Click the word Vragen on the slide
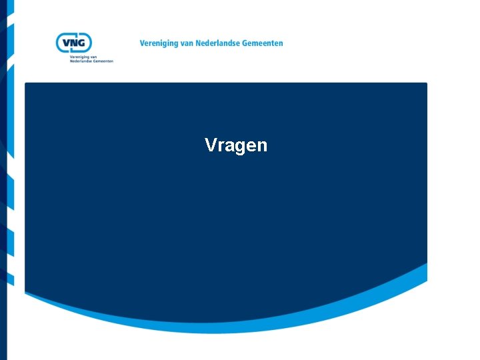pyautogui.click(x=236, y=145)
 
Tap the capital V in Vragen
pyautogui.click(x=211, y=145)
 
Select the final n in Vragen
pyautogui.click(x=261, y=146)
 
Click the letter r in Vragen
pyautogui.click(x=221, y=146)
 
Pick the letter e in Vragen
pyautogui.click(x=250, y=146)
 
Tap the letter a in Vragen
pyautogui.click(x=228, y=146)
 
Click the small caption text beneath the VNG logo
pyautogui.click(x=91, y=59)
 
